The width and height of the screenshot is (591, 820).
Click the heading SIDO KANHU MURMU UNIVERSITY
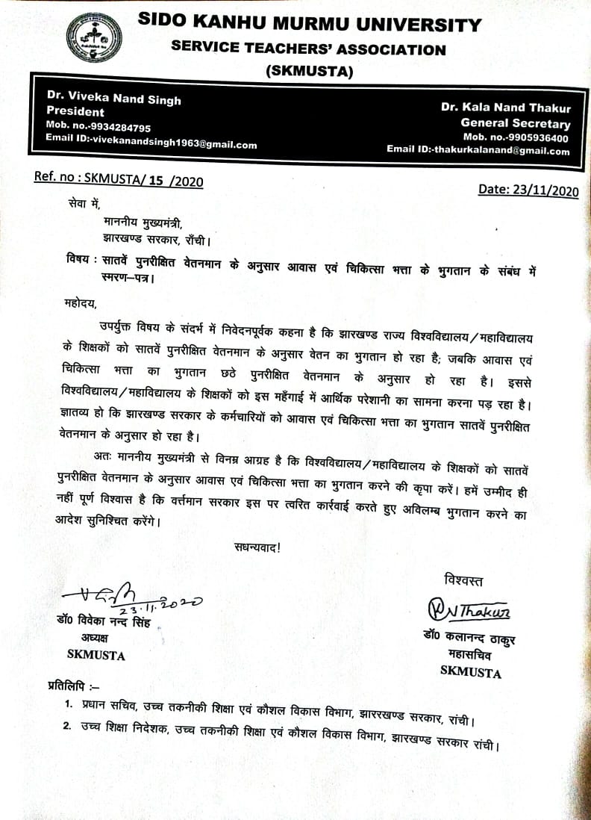tap(310, 25)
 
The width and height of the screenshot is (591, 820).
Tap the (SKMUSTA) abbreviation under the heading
tap(309, 72)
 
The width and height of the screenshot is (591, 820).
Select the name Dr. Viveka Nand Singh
tap(113, 99)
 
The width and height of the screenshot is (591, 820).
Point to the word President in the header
tap(75, 113)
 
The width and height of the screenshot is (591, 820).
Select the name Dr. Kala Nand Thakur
tap(505, 108)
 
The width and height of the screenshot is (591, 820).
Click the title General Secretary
tap(515, 123)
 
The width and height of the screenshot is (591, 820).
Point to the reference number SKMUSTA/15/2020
tap(118, 178)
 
